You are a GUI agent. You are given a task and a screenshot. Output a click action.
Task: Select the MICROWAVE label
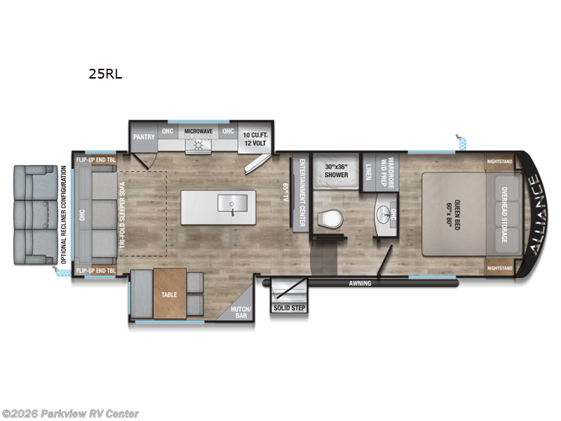[x=198, y=131]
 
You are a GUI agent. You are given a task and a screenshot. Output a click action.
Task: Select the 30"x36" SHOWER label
[x=336, y=171]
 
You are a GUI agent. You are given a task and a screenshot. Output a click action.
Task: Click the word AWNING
[x=360, y=284]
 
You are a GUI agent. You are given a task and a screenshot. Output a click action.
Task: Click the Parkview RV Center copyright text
[x=70, y=414]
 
